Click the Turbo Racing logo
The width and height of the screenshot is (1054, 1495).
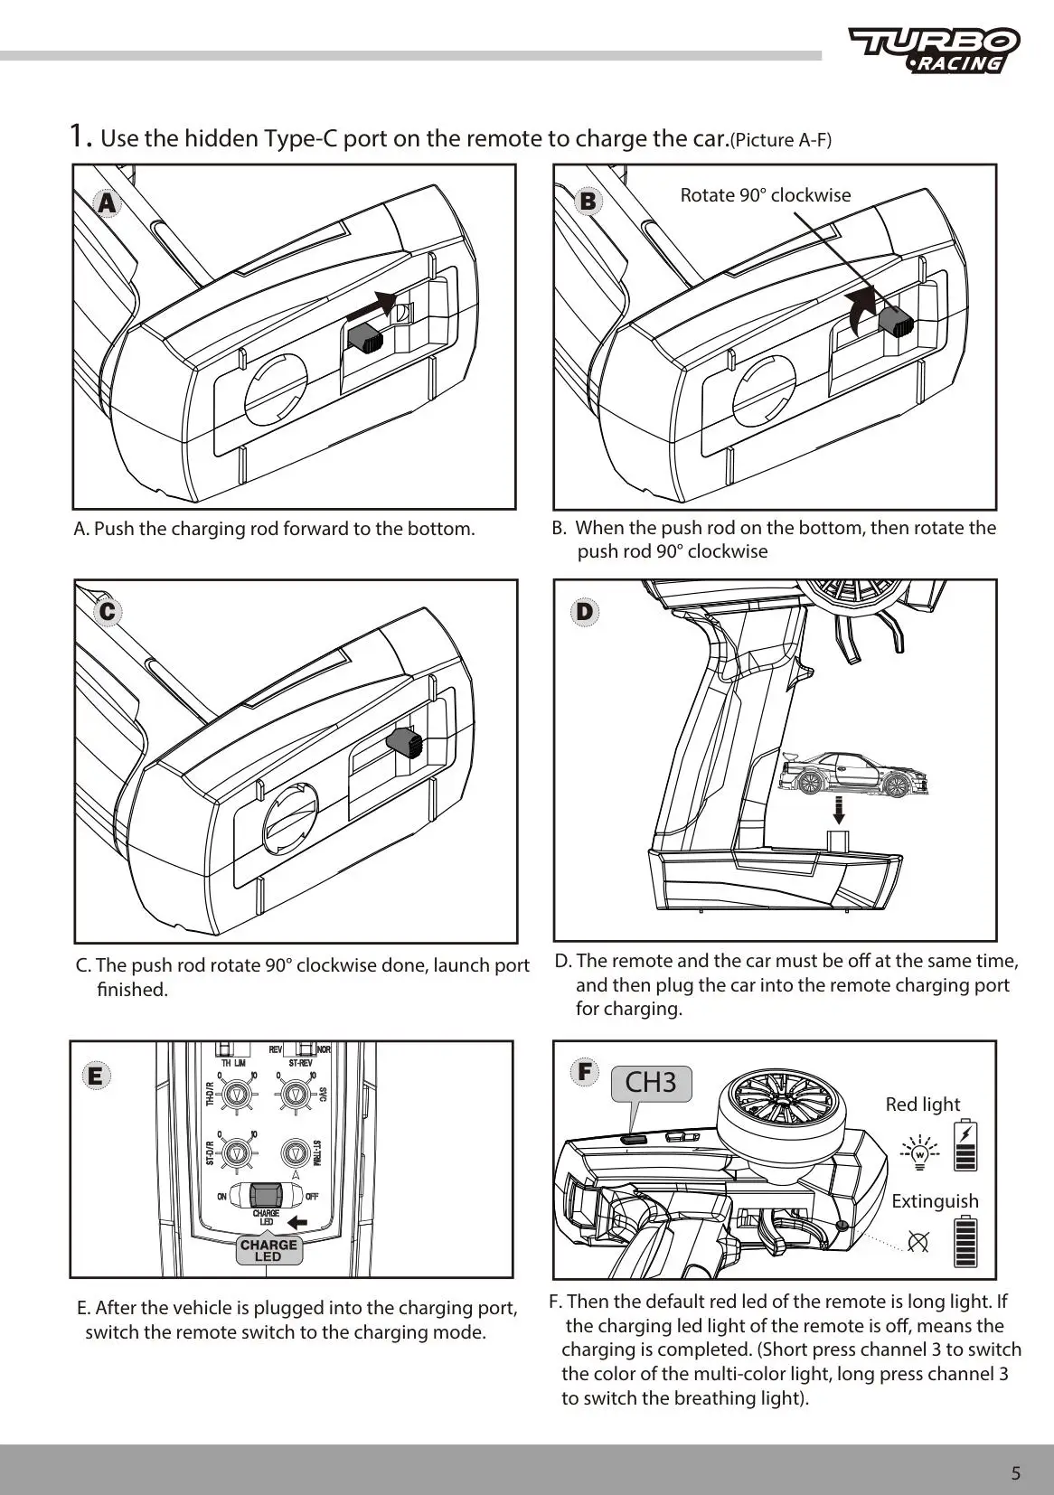pyautogui.click(x=934, y=50)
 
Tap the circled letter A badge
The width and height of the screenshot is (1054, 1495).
pyautogui.click(x=108, y=203)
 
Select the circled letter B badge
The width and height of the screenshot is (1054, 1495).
pyautogui.click(x=588, y=201)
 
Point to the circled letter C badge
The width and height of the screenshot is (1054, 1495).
pyautogui.click(x=108, y=612)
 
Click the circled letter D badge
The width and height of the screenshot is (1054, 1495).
pyautogui.click(x=585, y=612)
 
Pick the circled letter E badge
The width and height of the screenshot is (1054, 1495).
pyautogui.click(x=95, y=1076)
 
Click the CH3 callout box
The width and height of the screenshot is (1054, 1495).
pyautogui.click(x=651, y=1082)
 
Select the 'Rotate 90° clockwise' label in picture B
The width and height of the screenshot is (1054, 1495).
pyautogui.click(x=765, y=195)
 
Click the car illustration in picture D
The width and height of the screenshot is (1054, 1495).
pyautogui.click(x=843, y=773)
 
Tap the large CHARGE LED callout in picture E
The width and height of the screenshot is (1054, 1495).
pyautogui.click(x=268, y=1250)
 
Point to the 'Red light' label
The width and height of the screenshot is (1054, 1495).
pyautogui.click(x=922, y=1105)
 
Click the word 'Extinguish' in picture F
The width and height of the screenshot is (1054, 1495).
pyautogui.click(x=935, y=1201)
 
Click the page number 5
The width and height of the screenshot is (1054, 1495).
pyautogui.click(x=1015, y=1473)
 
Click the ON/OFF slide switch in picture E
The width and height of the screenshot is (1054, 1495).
pyautogui.click(x=266, y=1195)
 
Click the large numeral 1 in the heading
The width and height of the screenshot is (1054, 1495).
pyautogui.click(x=80, y=136)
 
